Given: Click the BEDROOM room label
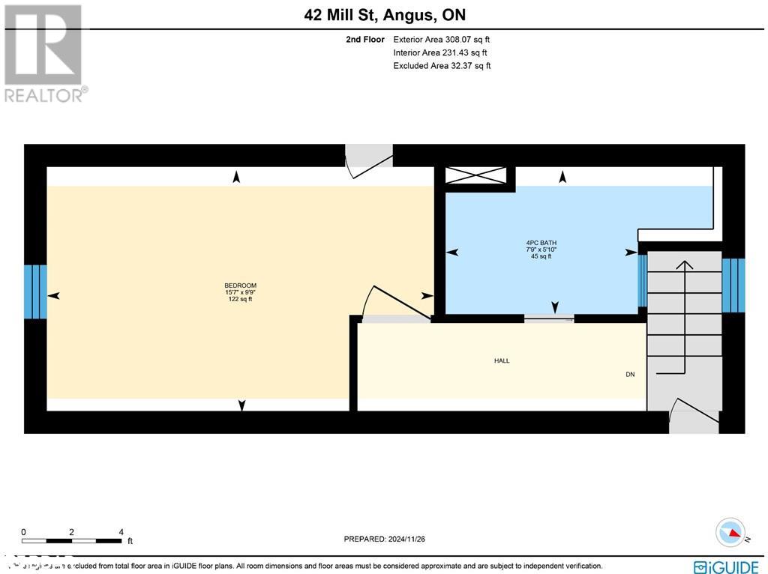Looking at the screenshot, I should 241,286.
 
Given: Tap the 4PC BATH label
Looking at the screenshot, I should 541,243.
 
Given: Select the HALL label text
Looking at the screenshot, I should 502,360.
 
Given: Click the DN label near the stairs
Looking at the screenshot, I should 630,374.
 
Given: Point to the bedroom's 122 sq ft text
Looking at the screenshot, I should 241,299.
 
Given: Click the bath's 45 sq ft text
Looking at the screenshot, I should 541,256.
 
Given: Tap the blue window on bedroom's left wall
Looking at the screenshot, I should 35,291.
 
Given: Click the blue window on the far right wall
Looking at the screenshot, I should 733,286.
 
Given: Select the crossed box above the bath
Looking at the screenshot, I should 475,175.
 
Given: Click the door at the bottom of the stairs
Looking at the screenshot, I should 694,416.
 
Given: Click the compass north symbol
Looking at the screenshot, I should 730,533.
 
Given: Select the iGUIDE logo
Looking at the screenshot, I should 726,567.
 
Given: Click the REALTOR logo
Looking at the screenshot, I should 44,52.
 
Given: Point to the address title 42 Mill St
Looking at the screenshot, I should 384,14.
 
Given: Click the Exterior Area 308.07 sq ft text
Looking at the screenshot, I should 442,40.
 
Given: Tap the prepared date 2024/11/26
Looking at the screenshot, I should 384,539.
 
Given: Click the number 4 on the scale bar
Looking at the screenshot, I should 121,531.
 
